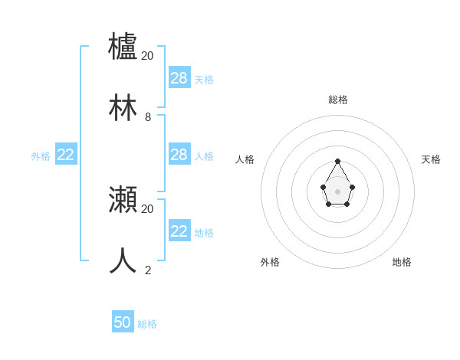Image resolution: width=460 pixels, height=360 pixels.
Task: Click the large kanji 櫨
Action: pyautogui.click(x=123, y=46)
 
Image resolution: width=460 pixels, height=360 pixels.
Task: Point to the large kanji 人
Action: pyautogui.click(x=123, y=260)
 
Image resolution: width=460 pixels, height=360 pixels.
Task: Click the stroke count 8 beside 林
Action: pyautogui.click(x=148, y=117)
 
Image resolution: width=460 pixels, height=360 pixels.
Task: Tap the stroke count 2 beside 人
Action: pyautogui.click(x=148, y=270)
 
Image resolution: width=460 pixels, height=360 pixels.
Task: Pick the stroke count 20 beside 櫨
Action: pyautogui.click(x=147, y=56)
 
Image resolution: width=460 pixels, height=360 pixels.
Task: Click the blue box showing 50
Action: pyautogui.click(x=123, y=322)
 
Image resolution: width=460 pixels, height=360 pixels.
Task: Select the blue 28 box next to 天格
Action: pyautogui.click(x=179, y=77)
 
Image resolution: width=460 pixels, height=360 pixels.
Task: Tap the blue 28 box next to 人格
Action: pyautogui.click(x=179, y=155)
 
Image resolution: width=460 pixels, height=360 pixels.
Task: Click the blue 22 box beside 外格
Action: pyautogui.click(x=66, y=155)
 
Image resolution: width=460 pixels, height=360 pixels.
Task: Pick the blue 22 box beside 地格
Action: pyautogui.click(x=179, y=231)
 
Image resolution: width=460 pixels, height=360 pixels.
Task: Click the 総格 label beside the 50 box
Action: pyautogui.click(x=147, y=324)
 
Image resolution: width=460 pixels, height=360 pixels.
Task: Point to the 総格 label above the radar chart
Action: pyautogui.click(x=338, y=100)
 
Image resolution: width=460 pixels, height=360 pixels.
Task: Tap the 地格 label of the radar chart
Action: pyautogui.click(x=402, y=262)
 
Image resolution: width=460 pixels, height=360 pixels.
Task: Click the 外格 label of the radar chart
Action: pyautogui.click(x=270, y=262)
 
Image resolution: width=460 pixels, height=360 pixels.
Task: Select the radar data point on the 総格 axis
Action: pyautogui.click(x=337, y=161)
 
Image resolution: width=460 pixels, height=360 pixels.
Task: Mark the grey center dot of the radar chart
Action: pyautogui.click(x=337, y=191)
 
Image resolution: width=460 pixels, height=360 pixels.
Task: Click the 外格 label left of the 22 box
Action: pyautogui.click(x=41, y=156)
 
